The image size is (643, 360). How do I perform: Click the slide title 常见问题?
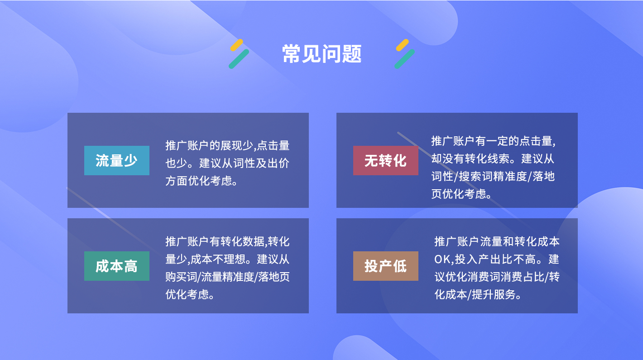click(x=322, y=54)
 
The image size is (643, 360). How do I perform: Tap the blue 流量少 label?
click(x=116, y=160)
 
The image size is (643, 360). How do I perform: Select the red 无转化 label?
click(x=385, y=160)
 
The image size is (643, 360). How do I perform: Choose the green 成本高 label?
click(x=116, y=266)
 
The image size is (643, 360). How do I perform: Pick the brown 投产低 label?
click(x=385, y=266)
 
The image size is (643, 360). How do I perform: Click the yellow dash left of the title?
click(x=236, y=45)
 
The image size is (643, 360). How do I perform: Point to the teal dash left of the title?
click(x=239, y=59)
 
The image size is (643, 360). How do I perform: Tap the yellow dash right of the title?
click(x=402, y=45)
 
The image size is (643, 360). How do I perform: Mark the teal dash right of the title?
click(x=404, y=59)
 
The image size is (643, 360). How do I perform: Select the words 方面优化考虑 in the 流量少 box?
click(x=198, y=181)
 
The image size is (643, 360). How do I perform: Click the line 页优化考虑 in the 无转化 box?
click(x=459, y=194)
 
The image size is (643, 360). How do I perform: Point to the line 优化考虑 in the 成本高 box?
click(x=187, y=294)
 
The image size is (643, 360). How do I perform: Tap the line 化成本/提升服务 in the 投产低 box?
click(x=475, y=294)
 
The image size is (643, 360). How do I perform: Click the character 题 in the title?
click(x=352, y=54)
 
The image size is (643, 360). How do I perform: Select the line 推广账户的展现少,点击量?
click(x=227, y=145)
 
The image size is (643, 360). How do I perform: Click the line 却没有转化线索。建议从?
click(x=493, y=159)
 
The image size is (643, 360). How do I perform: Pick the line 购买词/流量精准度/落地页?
click(x=227, y=277)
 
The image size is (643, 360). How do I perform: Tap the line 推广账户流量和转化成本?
click(x=497, y=241)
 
